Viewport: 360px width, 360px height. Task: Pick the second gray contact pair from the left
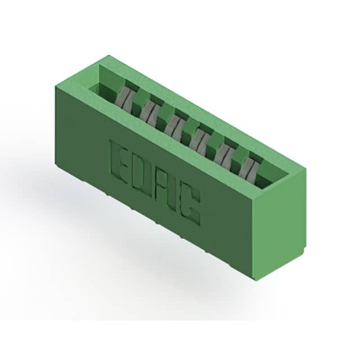pos(150,113)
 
